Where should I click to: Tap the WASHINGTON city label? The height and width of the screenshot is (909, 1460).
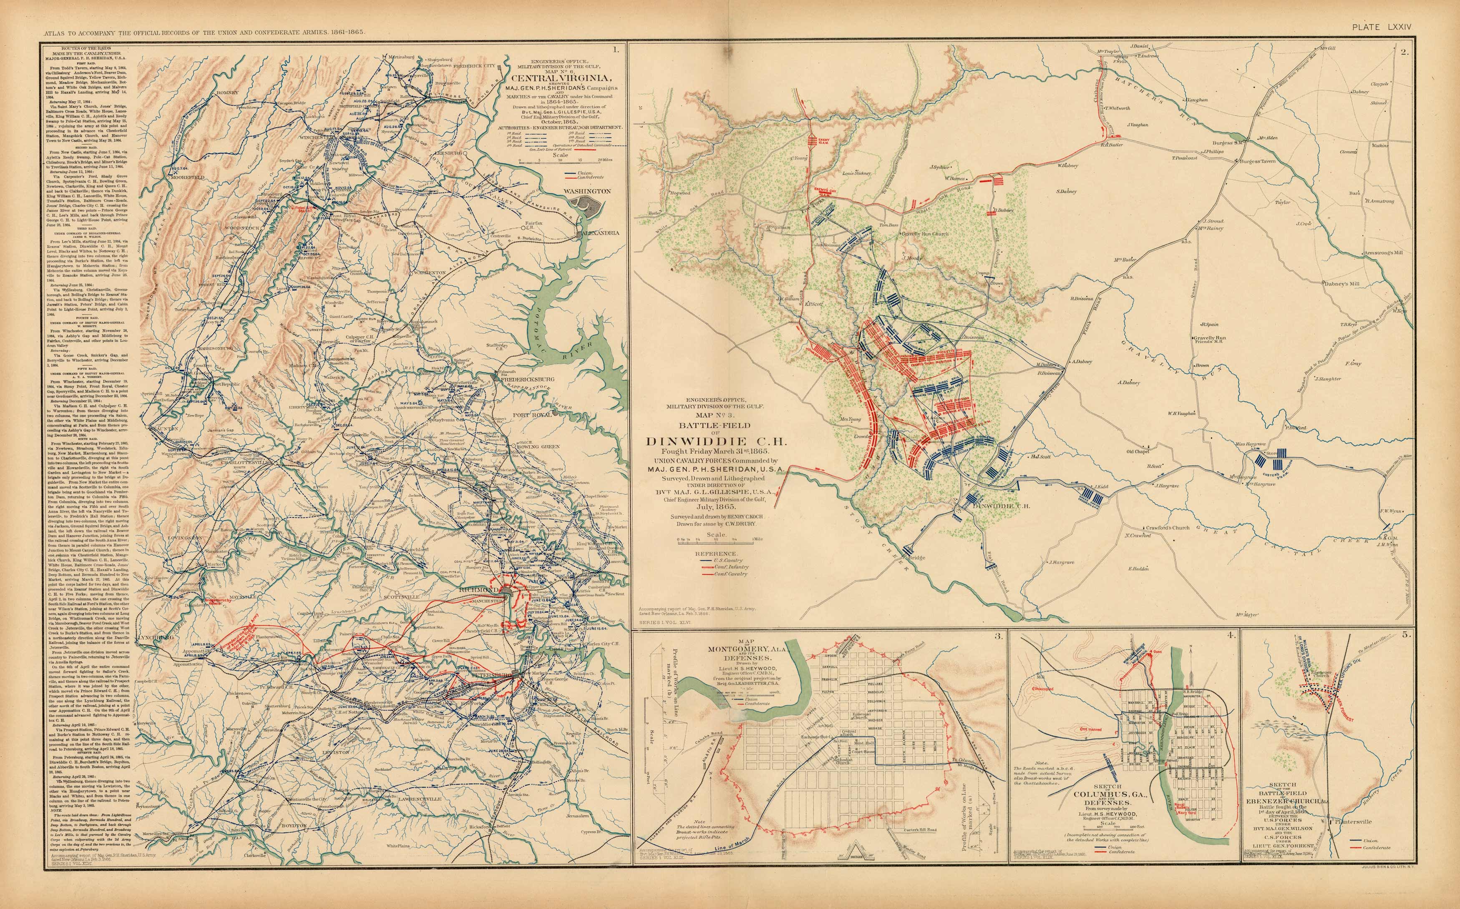(587, 191)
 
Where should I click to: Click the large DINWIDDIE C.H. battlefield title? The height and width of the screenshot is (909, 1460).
(707, 441)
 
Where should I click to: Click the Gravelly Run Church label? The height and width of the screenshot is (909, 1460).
(925, 234)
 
